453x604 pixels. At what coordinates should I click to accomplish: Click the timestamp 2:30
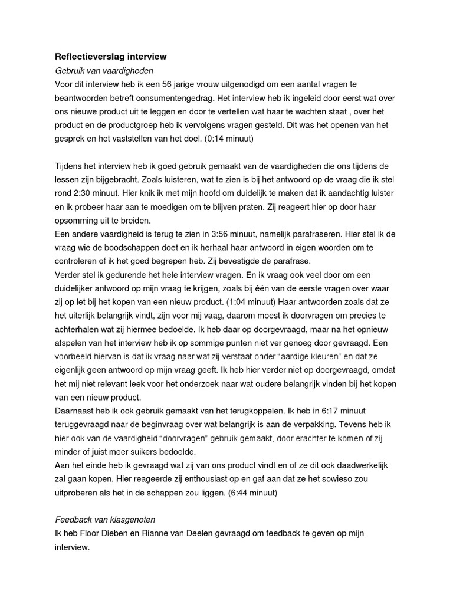click(x=88, y=192)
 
